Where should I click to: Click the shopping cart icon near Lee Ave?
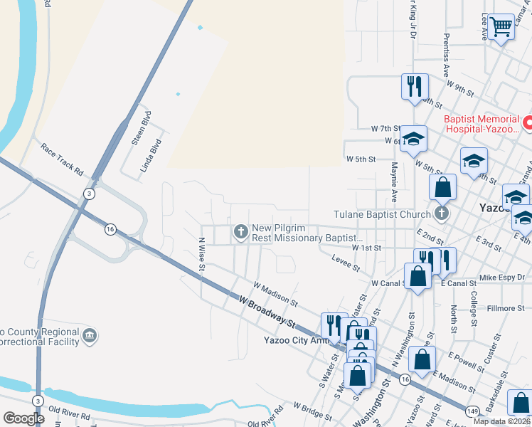501,28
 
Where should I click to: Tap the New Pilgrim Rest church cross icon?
241,231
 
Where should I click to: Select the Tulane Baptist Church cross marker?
442,213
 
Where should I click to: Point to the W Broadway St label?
267,311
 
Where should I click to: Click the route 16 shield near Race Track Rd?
110,228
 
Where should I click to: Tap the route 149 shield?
472,411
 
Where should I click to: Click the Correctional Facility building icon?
89,334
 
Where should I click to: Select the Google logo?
23,418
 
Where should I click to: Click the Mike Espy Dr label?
501,276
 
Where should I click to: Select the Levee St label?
346,263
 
